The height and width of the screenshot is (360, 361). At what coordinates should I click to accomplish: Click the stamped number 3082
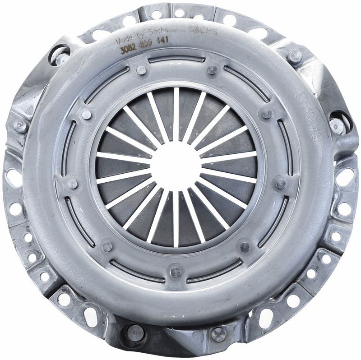[128, 50]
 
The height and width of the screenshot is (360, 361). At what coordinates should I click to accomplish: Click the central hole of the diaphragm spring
[176, 167]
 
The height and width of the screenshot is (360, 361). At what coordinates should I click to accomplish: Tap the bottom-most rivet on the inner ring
[176, 272]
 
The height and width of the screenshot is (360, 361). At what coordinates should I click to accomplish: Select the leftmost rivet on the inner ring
[72, 184]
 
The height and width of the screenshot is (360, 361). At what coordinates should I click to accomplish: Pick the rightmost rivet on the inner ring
[281, 184]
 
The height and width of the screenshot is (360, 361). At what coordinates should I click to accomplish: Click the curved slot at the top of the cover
[176, 59]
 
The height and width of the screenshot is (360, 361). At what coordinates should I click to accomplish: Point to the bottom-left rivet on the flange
[134, 333]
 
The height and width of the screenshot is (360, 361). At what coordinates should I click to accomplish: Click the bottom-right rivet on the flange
[218, 334]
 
